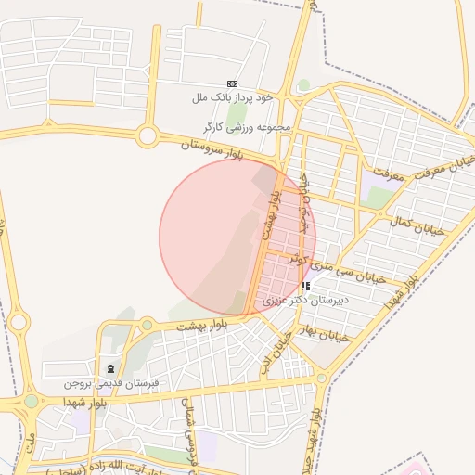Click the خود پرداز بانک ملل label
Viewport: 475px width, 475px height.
[232, 96]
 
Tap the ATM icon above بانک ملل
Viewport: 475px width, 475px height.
[232, 83]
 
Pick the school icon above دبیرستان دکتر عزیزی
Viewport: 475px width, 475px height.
[306, 286]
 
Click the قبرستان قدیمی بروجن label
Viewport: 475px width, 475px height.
[111, 383]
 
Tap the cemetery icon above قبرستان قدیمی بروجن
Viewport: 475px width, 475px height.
[111, 370]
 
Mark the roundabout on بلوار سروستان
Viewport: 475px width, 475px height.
[147, 136]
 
